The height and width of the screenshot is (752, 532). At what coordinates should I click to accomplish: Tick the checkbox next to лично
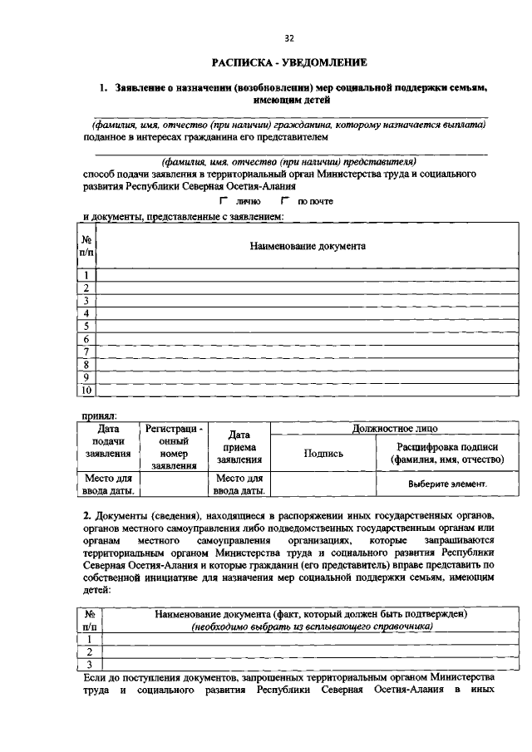(223, 201)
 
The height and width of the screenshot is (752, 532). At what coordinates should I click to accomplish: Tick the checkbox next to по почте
(284, 201)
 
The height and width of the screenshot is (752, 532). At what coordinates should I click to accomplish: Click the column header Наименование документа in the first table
(308, 246)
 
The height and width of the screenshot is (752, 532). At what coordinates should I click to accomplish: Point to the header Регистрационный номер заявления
(174, 446)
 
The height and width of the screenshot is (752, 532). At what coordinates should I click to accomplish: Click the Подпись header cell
(323, 453)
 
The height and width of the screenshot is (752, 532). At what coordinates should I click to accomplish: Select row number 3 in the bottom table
(87, 664)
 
